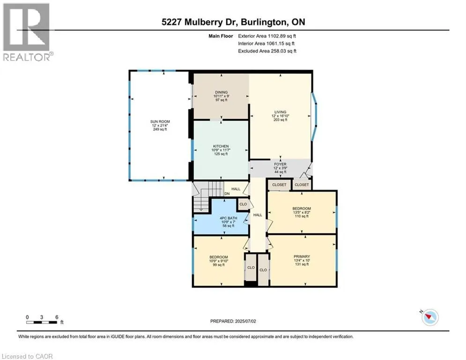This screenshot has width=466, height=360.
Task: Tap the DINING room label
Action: [221, 92]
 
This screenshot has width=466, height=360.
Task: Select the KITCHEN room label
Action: [221, 146]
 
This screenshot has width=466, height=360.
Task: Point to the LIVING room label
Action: [280, 112]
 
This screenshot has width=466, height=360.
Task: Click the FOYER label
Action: [280, 165]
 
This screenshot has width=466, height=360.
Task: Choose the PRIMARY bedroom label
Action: [302, 256]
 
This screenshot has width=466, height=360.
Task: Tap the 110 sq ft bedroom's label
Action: [302, 208]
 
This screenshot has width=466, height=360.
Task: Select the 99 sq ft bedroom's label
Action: [218, 257]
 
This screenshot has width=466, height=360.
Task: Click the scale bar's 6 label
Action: [56, 317]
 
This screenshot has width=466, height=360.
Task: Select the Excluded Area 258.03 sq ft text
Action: [267, 51]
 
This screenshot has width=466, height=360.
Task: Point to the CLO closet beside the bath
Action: [243, 204]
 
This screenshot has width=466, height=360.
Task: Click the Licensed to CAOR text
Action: [28, 356]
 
